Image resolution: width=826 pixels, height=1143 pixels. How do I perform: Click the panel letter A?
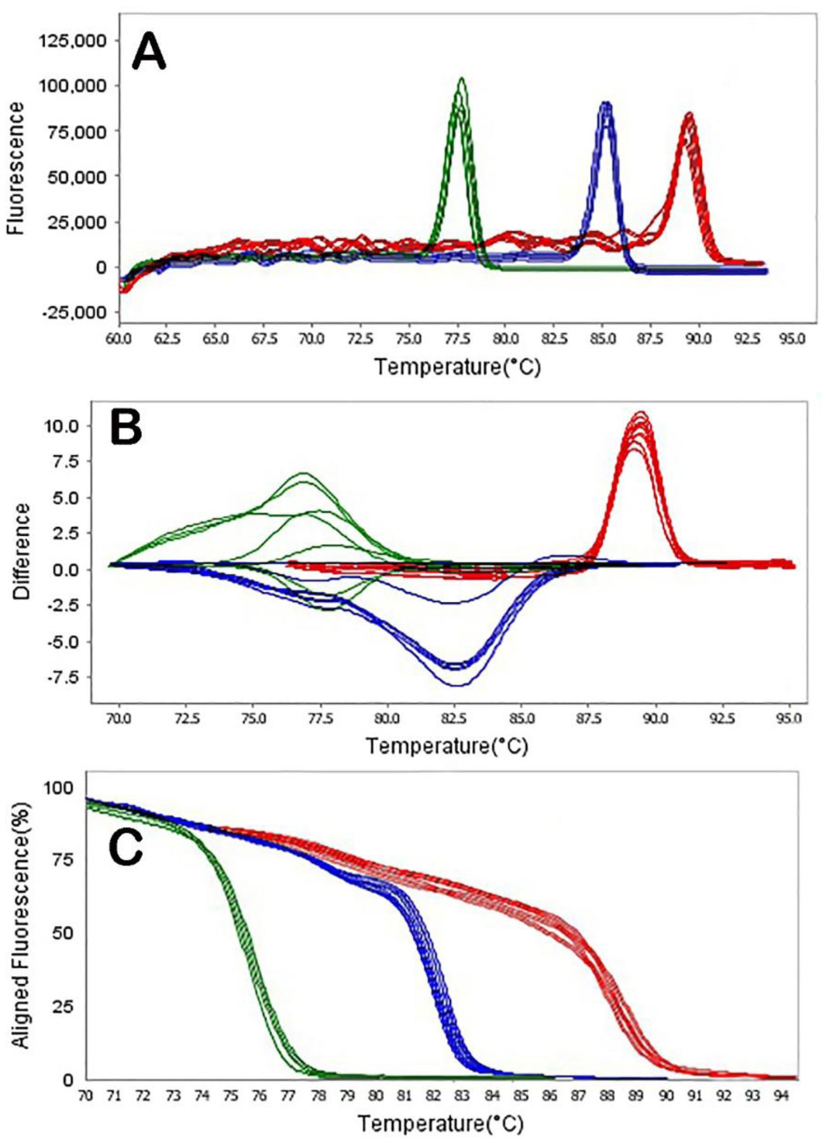coord(150,53)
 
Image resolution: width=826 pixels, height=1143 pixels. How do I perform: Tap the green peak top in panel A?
coord(462,79)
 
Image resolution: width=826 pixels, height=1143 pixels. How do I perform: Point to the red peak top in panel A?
coord(688,115)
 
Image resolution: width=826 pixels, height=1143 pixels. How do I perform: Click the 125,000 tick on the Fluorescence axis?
coord(73,40)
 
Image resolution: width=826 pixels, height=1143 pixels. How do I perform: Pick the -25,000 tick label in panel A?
coord(73,312)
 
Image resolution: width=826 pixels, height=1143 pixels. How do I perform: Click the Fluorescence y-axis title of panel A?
coord(15,167)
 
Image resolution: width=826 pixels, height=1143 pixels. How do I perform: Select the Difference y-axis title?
coord(22,551)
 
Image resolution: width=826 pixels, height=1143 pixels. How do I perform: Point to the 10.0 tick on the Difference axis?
coord(61,425)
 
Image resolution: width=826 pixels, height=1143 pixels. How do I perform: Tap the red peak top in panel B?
coord(641,413)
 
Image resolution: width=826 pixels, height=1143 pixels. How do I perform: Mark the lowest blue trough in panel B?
coord(457,685)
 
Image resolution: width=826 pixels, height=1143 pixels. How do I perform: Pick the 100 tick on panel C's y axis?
coord(59,788)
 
